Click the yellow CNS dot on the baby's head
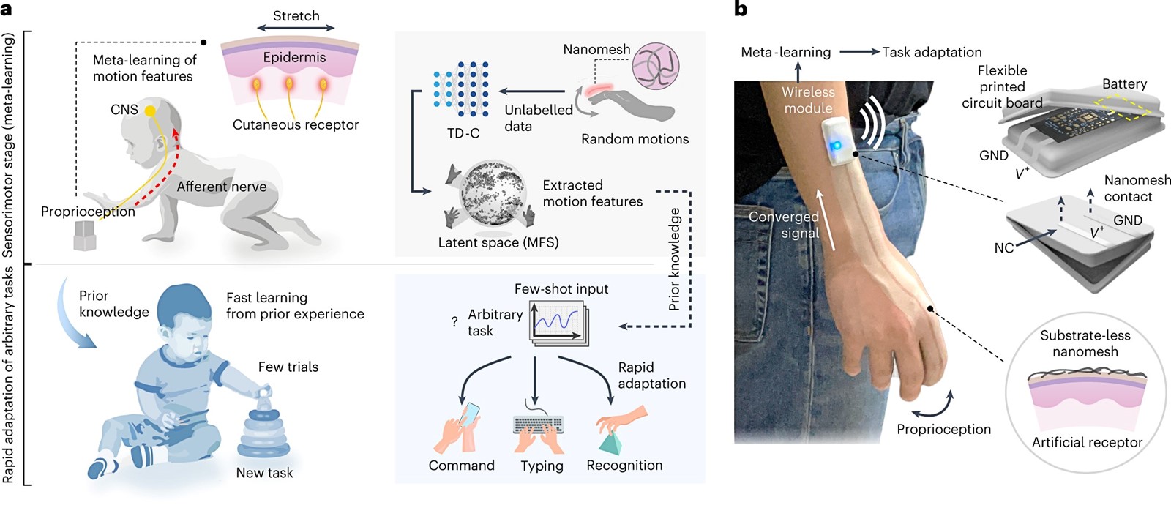click(150, 111)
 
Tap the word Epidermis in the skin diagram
click(294, 57)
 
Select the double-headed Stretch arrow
click(296, 28)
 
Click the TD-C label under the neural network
click(463, 133)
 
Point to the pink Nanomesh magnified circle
click(656, 64)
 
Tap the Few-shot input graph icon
click(559, 324)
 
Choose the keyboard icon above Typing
click(539, 425)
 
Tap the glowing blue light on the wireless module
click(836, 145)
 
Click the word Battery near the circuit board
click(1124, 83)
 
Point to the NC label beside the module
click(1004, 247)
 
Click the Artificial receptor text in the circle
click(1087, 442)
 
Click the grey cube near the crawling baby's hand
click(84, 236)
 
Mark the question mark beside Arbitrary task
click(454, 322)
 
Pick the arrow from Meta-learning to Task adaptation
click(860, 52)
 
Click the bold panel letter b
click(741, 9)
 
